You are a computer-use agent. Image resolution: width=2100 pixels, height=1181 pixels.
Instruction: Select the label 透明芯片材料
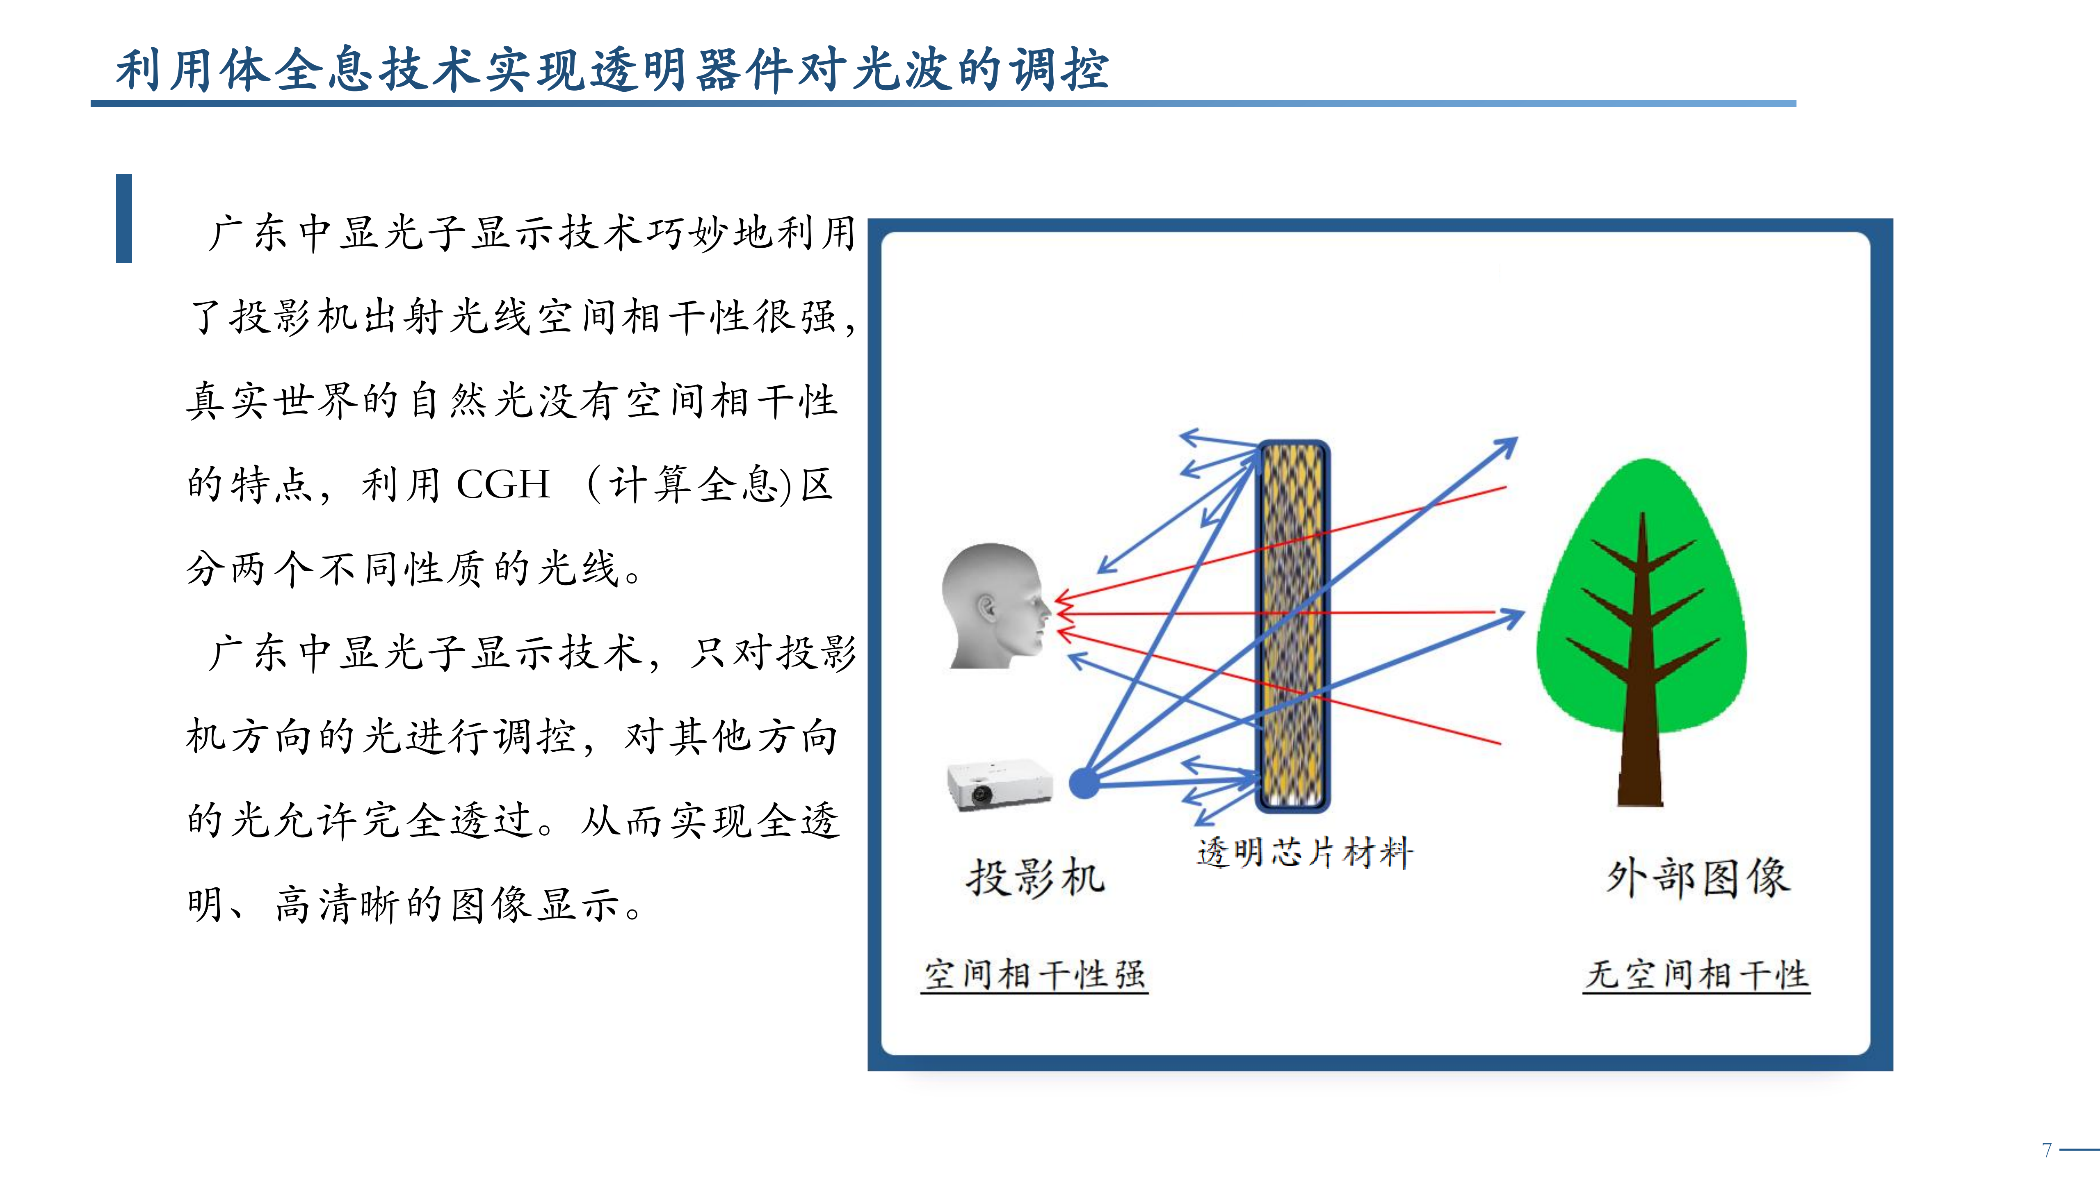(x=1304, y=853)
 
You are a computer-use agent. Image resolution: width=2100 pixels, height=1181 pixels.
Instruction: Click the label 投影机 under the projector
(x=1035, y=878)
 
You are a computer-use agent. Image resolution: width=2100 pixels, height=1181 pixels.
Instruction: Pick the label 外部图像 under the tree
(x=1698, y=878)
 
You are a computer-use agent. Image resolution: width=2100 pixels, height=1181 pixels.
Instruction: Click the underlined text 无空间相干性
(x=1696, y=975)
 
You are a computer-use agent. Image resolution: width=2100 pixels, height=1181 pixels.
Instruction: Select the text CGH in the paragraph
(x=503, y=484)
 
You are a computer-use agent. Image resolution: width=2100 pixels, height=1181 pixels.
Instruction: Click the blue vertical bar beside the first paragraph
(x=124, y=219)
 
